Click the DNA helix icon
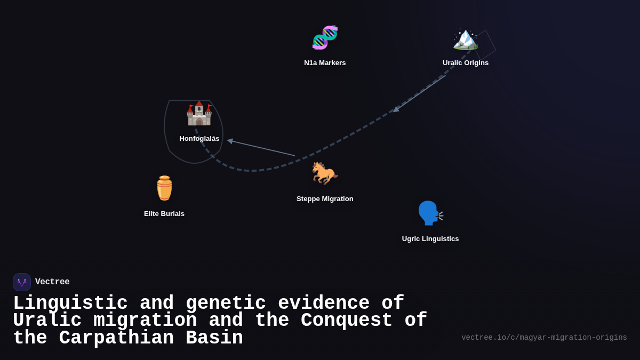(x=325, y=38)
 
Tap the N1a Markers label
(x=325, y=63)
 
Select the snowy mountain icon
(x=466, y=38)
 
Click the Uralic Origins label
(x=466, y=63)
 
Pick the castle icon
(x=199, y=113)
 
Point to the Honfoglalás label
(x=199, y=139)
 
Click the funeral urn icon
(x=164, y=188)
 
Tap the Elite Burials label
(x=164, y=214)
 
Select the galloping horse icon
(x=325, y=173)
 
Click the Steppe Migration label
(x=325, y=199)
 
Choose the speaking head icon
(x=430, y=213)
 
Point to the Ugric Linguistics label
(x=430, y=239)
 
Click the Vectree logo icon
(x=22, y=282)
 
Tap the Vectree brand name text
(x=52, y=282)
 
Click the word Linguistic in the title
(x=70, y=303)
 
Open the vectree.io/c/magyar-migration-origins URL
(x=544, y=338)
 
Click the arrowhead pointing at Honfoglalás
(x=230, y=141)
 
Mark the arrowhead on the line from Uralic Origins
(x=396, y=109)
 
